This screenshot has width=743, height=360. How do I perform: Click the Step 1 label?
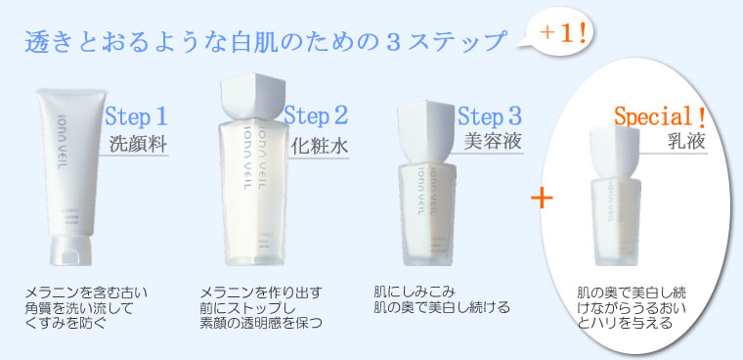[136, 117]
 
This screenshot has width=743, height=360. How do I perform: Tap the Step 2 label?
[317, 117]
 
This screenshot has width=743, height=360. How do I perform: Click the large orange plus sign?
[541, 198]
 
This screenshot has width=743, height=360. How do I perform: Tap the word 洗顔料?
[139, 146]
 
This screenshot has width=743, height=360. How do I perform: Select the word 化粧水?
[318, 146]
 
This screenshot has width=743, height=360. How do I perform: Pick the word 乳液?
[681, 144]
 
